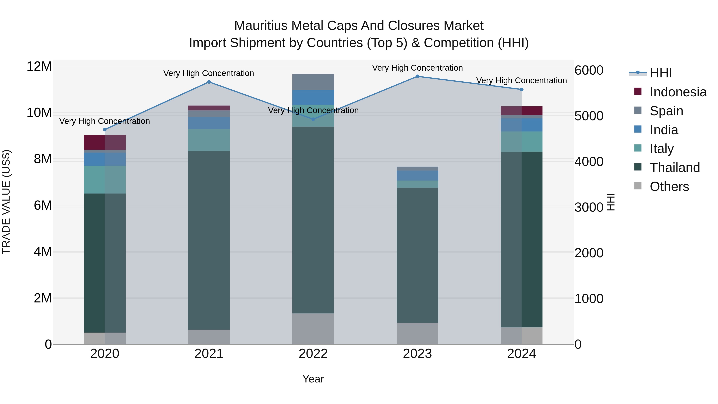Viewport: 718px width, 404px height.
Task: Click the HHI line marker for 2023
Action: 417,76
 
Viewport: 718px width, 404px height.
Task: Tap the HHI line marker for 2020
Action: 105,130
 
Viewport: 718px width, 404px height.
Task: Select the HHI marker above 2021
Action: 209,82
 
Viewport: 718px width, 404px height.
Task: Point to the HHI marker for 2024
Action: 522,90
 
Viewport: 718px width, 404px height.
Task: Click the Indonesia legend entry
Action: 678,92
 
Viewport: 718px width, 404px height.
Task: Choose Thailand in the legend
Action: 675,168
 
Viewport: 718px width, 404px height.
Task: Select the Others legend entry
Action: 669,187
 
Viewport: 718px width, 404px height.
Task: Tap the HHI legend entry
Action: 661,73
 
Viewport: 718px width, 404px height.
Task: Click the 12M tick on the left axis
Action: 39,67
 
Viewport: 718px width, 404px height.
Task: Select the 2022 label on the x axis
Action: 313,354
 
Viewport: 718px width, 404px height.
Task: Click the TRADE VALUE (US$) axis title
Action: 6,202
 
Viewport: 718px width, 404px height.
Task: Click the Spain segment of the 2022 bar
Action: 313,82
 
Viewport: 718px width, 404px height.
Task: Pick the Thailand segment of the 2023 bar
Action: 417,255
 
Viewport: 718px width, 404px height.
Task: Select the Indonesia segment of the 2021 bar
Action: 209,108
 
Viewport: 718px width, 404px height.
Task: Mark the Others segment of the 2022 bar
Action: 313,329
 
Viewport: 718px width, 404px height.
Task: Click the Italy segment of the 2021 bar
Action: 209,140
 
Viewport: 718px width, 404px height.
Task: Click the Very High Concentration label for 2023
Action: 417,68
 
